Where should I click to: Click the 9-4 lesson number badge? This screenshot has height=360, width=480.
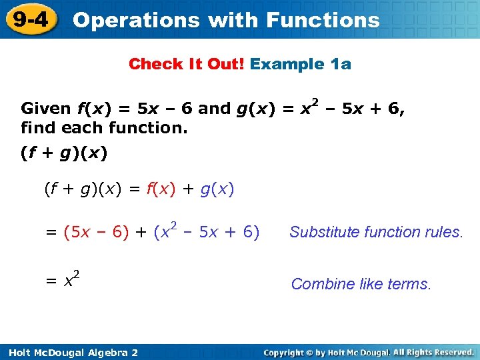[30, 19]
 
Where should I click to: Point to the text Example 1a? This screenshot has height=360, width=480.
[301, 64]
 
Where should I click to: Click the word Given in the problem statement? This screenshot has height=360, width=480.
[46, 109]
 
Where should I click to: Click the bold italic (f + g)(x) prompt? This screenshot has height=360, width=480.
[64, 153]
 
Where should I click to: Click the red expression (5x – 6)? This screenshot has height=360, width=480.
[96, 232]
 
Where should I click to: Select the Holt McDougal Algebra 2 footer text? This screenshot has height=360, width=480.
[70, 352]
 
